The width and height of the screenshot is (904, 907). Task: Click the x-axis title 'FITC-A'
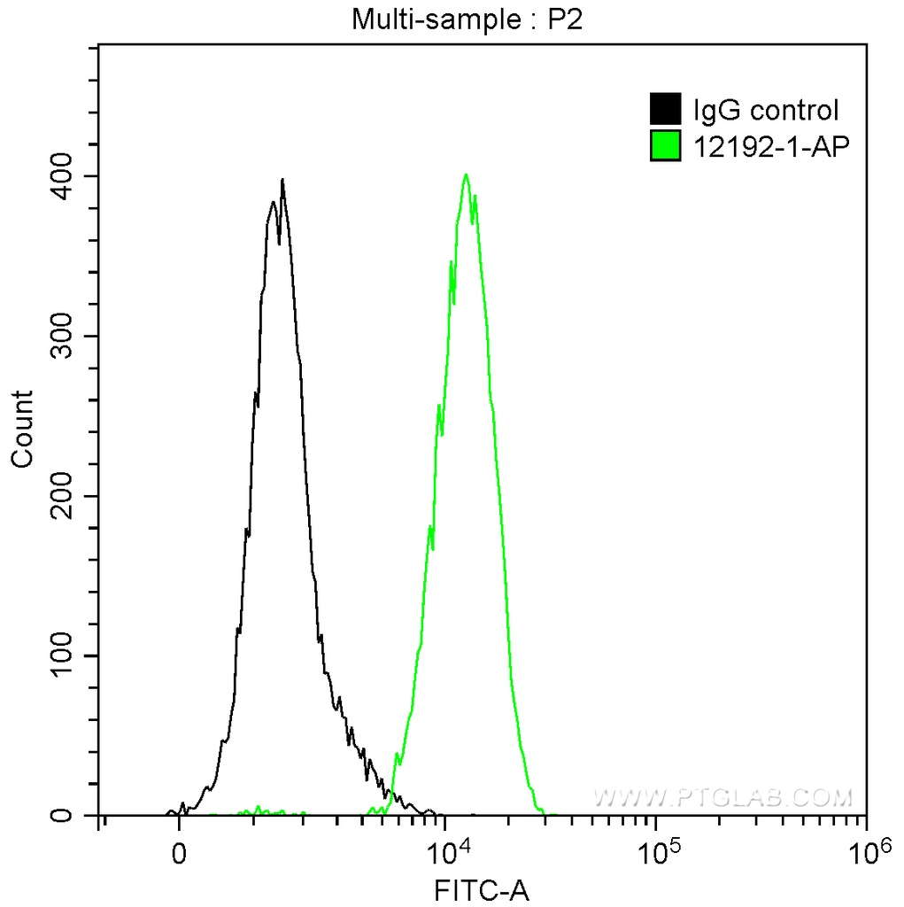pos(482,889)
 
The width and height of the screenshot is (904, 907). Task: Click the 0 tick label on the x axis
pos(180,855)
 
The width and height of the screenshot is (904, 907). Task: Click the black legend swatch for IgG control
pos(665,110)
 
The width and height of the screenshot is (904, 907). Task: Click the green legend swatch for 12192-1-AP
pos(665,146)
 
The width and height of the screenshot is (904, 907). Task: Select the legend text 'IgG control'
pos(765,111)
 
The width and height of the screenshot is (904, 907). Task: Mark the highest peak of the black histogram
pos(282,180)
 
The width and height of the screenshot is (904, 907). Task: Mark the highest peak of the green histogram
pos(466,174)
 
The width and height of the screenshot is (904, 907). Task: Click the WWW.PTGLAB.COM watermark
pos(722,798)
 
